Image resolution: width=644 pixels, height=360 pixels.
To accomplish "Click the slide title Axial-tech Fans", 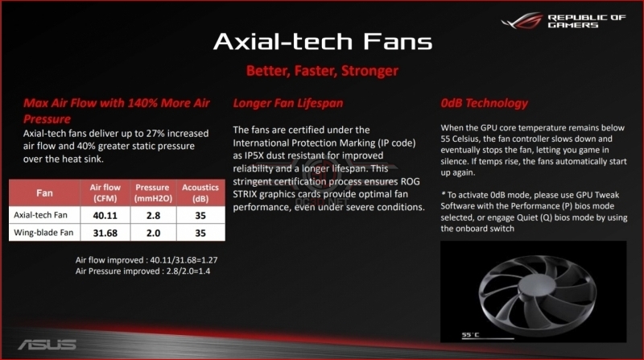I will click(x=321, y=42).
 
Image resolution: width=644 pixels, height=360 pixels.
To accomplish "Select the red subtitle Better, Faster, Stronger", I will click(x=321, y=72).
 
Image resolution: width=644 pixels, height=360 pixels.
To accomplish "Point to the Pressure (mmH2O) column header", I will click(x=152, y=192).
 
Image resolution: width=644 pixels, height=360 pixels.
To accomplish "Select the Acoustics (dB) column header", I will click(x=199, y=192).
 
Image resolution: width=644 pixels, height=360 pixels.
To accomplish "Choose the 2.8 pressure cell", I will click(x=152, y=216).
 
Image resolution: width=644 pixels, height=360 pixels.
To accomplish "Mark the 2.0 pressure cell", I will click(x=152, y=234).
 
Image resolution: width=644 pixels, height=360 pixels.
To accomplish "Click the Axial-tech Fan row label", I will click(x=45, y=216).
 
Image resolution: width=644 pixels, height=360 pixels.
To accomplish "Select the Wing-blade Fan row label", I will click(x=47, y=234).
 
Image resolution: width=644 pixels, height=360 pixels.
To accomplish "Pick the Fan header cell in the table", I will click(x=45, y=192).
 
